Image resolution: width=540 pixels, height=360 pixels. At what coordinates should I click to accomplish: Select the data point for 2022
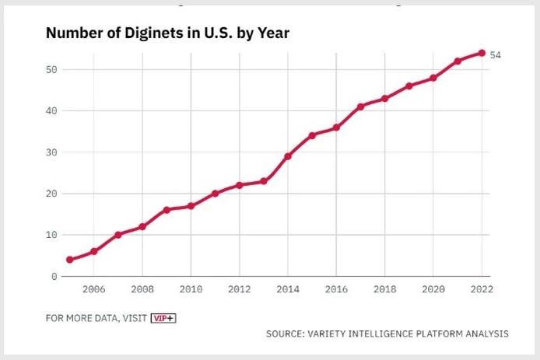482,53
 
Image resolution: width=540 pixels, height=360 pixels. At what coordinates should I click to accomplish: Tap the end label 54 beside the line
496,54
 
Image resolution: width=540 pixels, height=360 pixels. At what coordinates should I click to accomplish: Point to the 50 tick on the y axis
51,69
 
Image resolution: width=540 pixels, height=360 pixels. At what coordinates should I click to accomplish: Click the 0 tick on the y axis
54,276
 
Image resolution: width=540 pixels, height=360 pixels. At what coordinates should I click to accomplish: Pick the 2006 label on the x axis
94,288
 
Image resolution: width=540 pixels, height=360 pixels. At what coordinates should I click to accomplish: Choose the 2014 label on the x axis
288,288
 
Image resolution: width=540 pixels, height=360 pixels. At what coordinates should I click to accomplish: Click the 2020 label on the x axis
433,288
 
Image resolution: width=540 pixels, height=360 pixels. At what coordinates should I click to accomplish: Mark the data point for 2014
288,156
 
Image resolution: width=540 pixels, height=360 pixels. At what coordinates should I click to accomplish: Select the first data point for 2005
70,260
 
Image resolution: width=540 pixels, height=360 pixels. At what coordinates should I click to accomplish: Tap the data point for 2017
360,107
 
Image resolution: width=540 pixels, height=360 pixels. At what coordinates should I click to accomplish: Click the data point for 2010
191,206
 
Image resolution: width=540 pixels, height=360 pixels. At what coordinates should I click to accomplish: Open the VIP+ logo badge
163,317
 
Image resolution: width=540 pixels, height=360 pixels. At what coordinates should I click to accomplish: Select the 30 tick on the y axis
51,152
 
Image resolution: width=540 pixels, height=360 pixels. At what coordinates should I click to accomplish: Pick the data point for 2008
142,227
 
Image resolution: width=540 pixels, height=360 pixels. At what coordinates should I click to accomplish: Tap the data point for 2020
433,78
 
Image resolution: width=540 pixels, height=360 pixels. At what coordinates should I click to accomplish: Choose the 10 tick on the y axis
51,235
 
